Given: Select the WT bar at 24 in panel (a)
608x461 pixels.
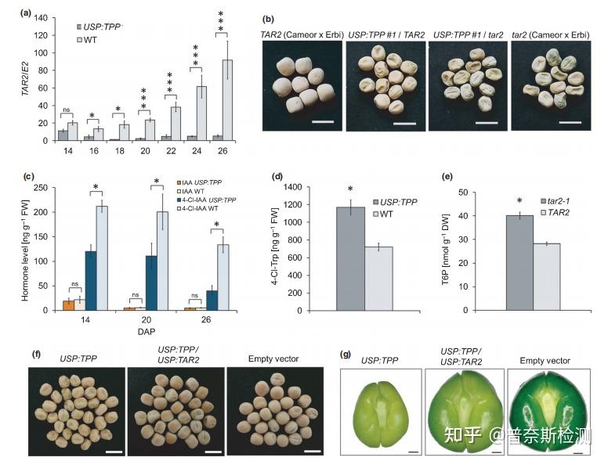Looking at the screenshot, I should tap(201, 113).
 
